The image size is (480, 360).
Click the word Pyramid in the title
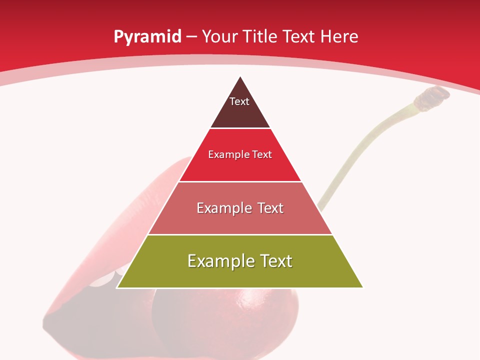(147, 37)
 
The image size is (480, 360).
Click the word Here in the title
(339, 37)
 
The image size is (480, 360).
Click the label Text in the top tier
(239, 101)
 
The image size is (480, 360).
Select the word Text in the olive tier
(275, 261)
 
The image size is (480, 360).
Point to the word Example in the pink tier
(222, 208)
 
